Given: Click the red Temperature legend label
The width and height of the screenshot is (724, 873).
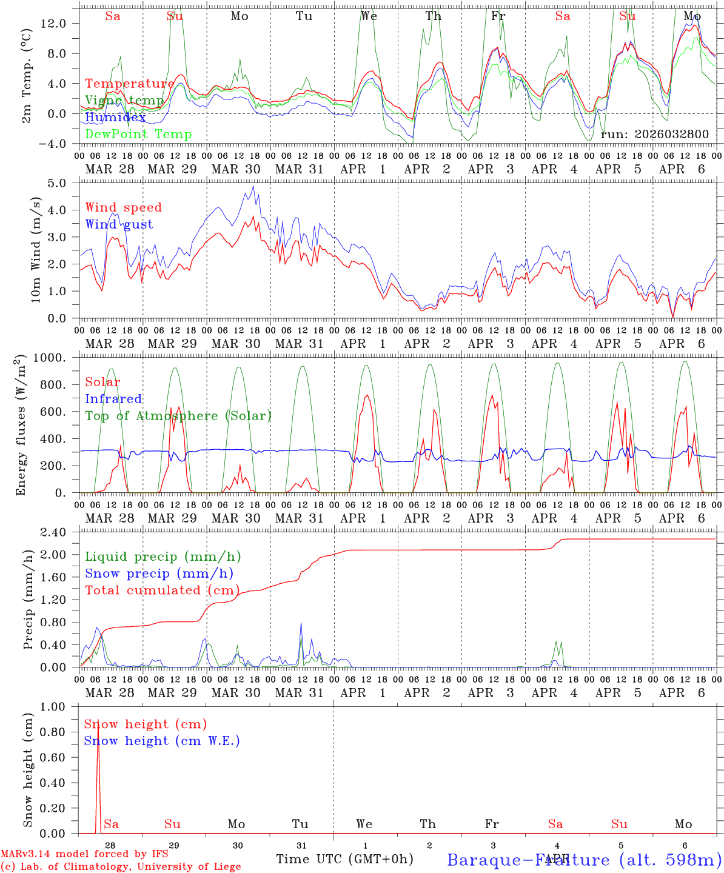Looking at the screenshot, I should click(x=129, y=84).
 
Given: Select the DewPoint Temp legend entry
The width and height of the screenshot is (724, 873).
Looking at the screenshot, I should click(x=138, y=134).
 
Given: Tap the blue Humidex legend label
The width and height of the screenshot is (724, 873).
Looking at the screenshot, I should click(x=115, y=118).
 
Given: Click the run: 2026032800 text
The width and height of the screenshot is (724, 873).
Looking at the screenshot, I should click(x=654, y=134).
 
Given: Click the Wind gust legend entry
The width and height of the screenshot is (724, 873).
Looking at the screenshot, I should click(x=119, y=224).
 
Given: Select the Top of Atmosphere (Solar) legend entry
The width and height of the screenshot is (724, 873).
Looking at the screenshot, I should click(x=178, y=416).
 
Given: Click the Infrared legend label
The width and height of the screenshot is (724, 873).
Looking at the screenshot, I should click(x=113, y=399).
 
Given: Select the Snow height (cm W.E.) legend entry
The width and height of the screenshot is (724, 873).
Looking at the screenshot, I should click(x=162, y=741).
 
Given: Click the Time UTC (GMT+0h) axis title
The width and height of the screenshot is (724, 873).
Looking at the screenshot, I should click(x=345, y=859).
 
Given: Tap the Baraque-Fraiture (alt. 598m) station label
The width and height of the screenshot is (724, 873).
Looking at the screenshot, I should click(x=584, y=860).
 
